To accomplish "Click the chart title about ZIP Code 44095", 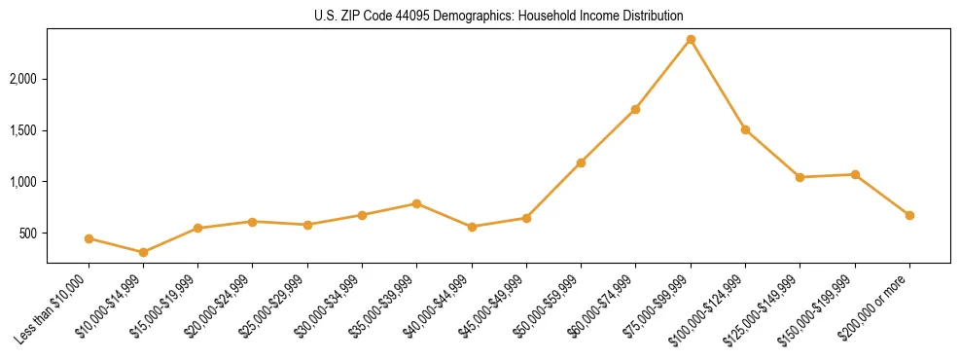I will click(498, 16).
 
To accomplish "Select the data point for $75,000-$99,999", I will click(691, 39).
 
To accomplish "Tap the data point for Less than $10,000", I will click(89, 238).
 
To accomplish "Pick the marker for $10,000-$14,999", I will click(143, 252).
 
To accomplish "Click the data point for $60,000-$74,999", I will click(635, 109).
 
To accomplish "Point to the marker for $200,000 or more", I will click(909, 215).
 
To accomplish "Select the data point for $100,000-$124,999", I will click(745, 129).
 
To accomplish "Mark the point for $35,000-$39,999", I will click(416, 203).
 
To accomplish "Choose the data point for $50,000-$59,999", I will click(581, 162).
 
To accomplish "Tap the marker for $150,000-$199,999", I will click(855, 174).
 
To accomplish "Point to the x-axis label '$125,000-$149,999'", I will click(766, 307).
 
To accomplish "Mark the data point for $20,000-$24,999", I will click(253, 222).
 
